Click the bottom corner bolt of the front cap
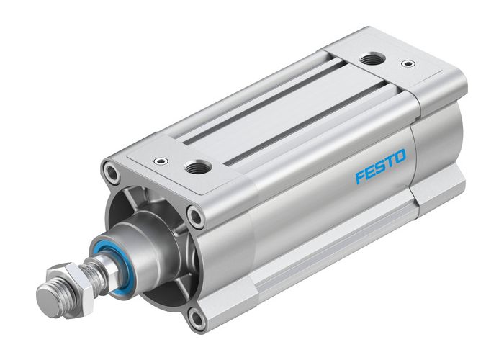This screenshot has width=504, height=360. click(x=197, y=316)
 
